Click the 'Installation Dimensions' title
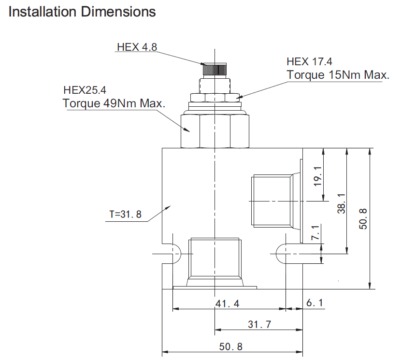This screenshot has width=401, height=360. coord(82,12)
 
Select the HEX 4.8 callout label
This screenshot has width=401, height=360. coord(137,47)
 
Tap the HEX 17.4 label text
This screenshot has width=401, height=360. coord(309,62)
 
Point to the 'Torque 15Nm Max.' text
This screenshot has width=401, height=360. coord(338,75)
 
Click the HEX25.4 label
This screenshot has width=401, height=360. coord(85,90)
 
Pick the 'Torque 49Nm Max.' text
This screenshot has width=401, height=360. coord(114,103)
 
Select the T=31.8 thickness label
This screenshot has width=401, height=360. coord(125,214)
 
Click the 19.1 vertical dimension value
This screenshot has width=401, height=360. coord(317,176)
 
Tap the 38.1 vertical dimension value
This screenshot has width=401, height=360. coord(342,203)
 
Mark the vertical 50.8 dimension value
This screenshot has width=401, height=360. coord(363,219)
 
